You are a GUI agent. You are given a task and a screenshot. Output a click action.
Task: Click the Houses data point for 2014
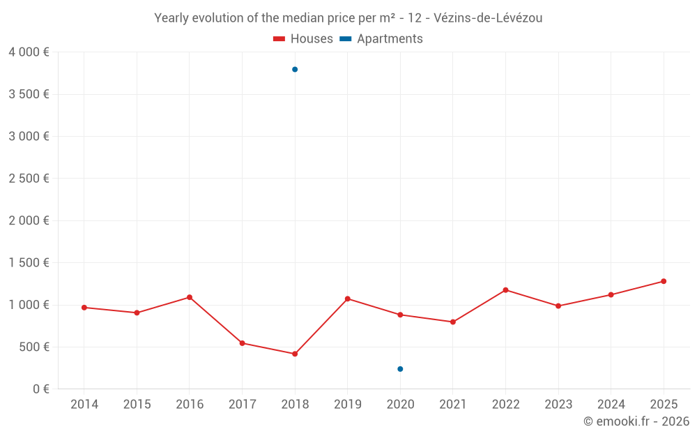[x=84, y=308]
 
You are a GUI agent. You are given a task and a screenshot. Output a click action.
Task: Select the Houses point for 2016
[x=190, y=297]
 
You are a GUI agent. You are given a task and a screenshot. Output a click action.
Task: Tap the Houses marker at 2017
[x=242, y=343]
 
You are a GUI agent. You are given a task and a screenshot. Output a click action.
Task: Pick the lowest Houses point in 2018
[x=295, y=354]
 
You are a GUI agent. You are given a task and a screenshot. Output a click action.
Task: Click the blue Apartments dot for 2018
[x=295, y=69]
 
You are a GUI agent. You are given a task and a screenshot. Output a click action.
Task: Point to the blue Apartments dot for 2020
[x=400, y=369]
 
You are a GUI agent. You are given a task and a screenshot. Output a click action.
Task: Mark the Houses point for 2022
[x=505, y=290]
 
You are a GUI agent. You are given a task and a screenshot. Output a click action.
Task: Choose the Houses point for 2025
[x=664, y=281]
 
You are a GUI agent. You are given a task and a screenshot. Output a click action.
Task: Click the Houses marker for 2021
[x=453, y=322]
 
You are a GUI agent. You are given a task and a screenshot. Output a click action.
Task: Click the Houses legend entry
[x=303, y=39]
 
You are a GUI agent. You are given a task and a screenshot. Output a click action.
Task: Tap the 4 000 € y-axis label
[x=29, y=52]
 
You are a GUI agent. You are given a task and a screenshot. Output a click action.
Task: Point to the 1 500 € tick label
[x=29, y=263]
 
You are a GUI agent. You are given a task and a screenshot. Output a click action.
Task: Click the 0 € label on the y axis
[x=41, y=389]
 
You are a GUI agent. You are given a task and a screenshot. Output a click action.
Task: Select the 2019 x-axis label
[x=347, y=405]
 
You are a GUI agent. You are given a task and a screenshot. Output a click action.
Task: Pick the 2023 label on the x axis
[x=558, y=405]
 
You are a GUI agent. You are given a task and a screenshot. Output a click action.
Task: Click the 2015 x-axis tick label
[x=137, y=405]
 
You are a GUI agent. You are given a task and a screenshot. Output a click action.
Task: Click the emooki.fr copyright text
[x=636, y=421]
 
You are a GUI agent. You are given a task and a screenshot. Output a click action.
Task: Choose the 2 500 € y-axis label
[x=29, y=179]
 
